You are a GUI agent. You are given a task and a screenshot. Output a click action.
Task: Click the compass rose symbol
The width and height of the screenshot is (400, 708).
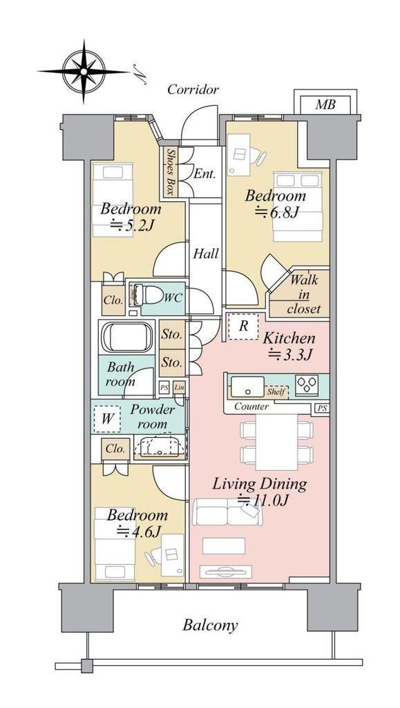point(84,71)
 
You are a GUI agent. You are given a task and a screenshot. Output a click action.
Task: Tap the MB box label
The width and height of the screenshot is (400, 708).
point(325,105)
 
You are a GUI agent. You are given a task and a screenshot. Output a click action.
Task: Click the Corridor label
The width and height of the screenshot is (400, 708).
point(193,89)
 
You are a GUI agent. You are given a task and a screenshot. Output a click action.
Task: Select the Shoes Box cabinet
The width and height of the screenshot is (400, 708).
point(170,172)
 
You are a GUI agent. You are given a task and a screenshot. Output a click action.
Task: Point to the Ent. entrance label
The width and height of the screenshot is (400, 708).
point(204,173)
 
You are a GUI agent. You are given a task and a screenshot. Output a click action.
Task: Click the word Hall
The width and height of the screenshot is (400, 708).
point(206,254)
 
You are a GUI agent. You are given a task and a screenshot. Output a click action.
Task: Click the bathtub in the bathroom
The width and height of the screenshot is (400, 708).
point(126,337)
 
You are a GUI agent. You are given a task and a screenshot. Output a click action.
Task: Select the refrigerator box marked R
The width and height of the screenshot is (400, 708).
point(243,326)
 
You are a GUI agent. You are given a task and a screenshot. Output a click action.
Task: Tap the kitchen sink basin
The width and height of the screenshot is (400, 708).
point(247,386)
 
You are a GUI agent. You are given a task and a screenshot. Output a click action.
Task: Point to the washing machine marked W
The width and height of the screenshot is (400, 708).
point(107,419)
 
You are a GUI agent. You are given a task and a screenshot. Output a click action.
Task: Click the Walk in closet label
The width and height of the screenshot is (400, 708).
point(303,295)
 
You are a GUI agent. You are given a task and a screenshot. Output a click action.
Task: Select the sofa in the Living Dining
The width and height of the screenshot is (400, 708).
point(227,512)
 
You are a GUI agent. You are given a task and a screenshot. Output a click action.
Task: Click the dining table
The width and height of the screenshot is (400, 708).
point(276,442)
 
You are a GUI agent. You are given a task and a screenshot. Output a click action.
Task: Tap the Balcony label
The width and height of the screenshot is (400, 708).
point(210,625)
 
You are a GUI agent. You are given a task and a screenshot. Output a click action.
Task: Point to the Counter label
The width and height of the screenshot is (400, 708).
point(251,407)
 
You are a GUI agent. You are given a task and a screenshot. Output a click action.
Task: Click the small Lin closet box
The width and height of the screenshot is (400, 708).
point(179,387)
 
